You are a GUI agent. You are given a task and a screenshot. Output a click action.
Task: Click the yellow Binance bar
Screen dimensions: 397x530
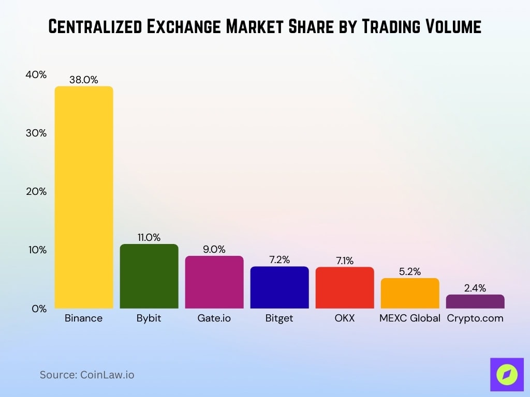point(84,197)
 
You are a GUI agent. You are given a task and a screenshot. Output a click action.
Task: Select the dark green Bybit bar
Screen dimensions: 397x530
point(149,276)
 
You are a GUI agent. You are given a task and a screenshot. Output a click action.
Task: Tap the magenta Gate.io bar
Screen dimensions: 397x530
point(214,282)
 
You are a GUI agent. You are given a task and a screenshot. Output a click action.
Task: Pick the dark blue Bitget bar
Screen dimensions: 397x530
point(279,287)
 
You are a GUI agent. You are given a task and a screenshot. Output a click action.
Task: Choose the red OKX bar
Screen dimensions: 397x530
point(345,287)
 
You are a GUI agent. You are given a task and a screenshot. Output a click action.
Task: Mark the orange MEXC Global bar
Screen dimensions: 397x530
point(410,293)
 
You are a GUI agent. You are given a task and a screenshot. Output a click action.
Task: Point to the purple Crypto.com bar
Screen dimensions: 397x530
point(475,301)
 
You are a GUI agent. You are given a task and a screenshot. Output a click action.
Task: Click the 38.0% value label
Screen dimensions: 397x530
point(84,80)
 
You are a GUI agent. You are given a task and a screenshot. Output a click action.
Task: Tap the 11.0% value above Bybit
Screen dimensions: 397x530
point(149,238)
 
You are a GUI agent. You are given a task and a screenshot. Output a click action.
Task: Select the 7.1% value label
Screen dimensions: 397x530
point(345,261)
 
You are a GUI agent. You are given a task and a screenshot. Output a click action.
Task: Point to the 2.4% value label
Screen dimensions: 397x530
point(475,288)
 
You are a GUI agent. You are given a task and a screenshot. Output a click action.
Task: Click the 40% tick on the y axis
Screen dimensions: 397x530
point(36,75)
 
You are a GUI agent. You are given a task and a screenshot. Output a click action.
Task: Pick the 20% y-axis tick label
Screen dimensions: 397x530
point(36,192)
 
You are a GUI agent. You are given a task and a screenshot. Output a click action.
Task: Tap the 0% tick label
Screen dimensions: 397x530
point(38,309)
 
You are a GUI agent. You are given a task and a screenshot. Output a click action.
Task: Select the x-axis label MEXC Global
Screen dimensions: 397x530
point(410,318)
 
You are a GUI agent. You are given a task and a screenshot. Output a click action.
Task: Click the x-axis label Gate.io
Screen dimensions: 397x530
point(214,318)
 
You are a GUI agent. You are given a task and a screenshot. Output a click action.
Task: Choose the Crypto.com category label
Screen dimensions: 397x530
point(475,318)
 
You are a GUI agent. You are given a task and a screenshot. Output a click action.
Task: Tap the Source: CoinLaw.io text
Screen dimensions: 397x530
point(87,375)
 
